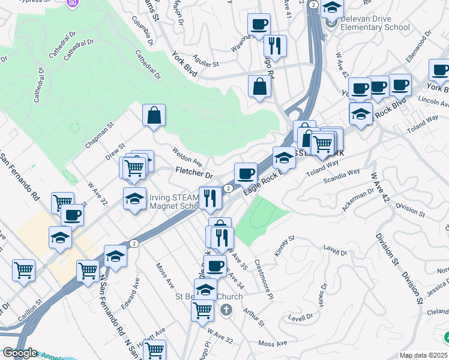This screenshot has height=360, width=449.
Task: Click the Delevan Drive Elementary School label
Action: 375,23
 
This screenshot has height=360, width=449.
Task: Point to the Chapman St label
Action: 99,136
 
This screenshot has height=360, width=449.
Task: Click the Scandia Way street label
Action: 342,175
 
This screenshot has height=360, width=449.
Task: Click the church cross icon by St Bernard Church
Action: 226,310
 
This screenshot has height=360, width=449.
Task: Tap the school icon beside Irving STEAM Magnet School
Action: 135,199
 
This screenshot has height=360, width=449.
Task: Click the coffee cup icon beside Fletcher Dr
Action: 246,173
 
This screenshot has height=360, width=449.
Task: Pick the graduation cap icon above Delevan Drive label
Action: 332,8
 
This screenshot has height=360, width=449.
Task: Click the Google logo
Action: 20,353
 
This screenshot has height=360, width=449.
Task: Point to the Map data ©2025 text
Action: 423,355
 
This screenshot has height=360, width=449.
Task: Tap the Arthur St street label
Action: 254,317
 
